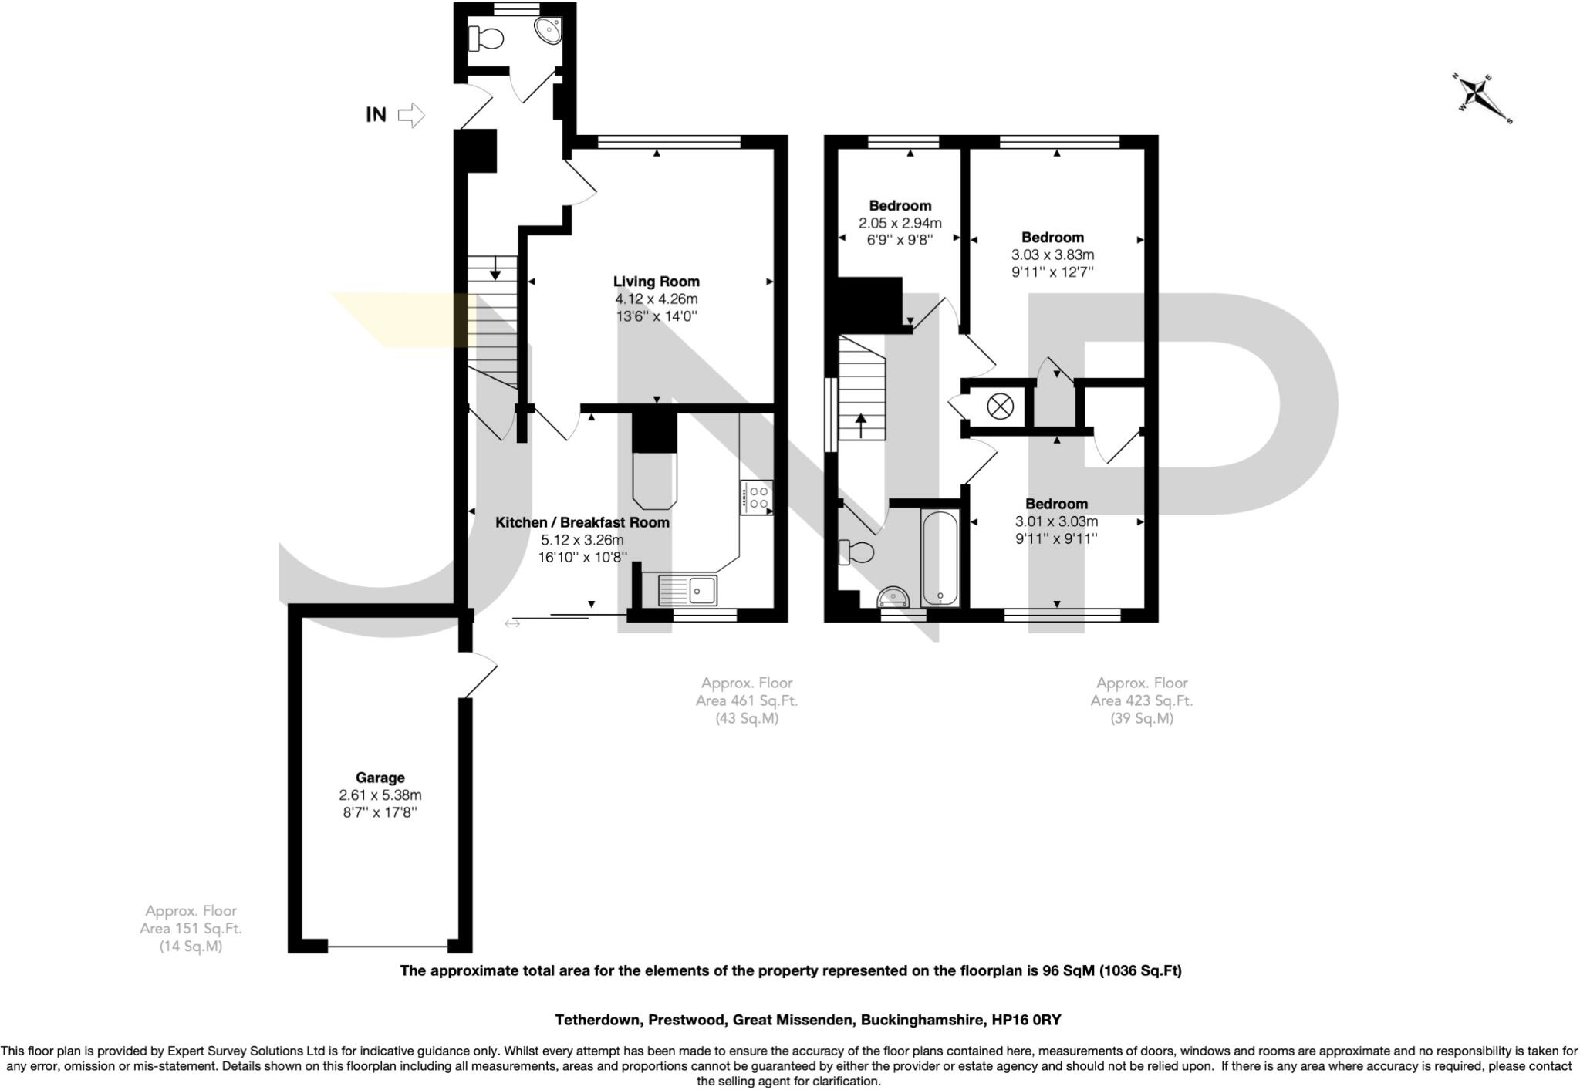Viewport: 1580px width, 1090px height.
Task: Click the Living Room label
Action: (x=656, y=282)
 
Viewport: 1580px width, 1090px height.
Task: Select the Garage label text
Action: (x=380, y=778)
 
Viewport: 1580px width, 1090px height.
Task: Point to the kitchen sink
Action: (x=687, y=591)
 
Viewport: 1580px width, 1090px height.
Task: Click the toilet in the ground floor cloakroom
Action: (x=486, y=37)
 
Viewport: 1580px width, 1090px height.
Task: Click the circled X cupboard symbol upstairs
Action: (x=1001, y=406)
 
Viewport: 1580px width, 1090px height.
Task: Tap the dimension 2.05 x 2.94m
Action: (x=900, y=223)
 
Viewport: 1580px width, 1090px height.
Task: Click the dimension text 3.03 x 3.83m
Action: (x=1052, y=255)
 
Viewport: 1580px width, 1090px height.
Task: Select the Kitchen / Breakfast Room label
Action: (x=582, y=522)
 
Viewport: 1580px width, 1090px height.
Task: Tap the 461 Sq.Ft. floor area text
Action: (x=746, y=700)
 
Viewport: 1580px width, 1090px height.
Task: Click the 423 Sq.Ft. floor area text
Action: (x=1141, y=700)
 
